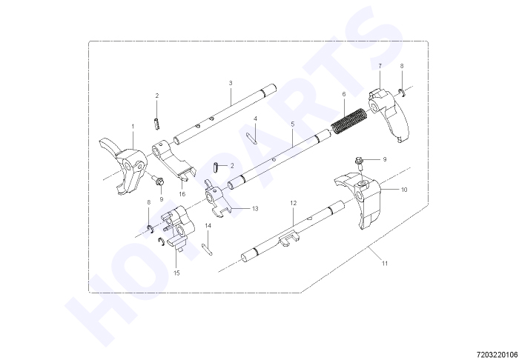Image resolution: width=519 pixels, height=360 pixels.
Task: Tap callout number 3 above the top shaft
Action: (x=231, y=83)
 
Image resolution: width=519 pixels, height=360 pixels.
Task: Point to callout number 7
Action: (x=380, y=66)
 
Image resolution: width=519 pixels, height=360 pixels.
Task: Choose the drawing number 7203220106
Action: (x=497, y=355)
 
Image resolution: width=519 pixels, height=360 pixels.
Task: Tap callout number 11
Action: (x=384, y=264)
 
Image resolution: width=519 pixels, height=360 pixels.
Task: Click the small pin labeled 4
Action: (x=252, y=138)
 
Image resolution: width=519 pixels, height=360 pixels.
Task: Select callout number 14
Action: (x=208, y=225)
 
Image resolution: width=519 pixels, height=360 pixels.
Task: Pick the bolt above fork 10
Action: (x=359, y=164)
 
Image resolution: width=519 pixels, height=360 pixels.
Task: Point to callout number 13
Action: (x=255, y=209)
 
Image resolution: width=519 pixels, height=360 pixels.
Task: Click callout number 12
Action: (x=294, y=203)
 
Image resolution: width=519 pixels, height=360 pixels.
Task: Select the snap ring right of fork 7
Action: (x=402, y=93)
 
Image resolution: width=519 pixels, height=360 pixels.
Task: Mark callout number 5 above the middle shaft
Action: (x=293, y=124)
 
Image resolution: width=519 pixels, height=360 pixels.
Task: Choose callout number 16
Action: (x=182, y=194)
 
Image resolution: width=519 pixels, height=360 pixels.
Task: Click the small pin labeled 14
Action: (x=207, y=249)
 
